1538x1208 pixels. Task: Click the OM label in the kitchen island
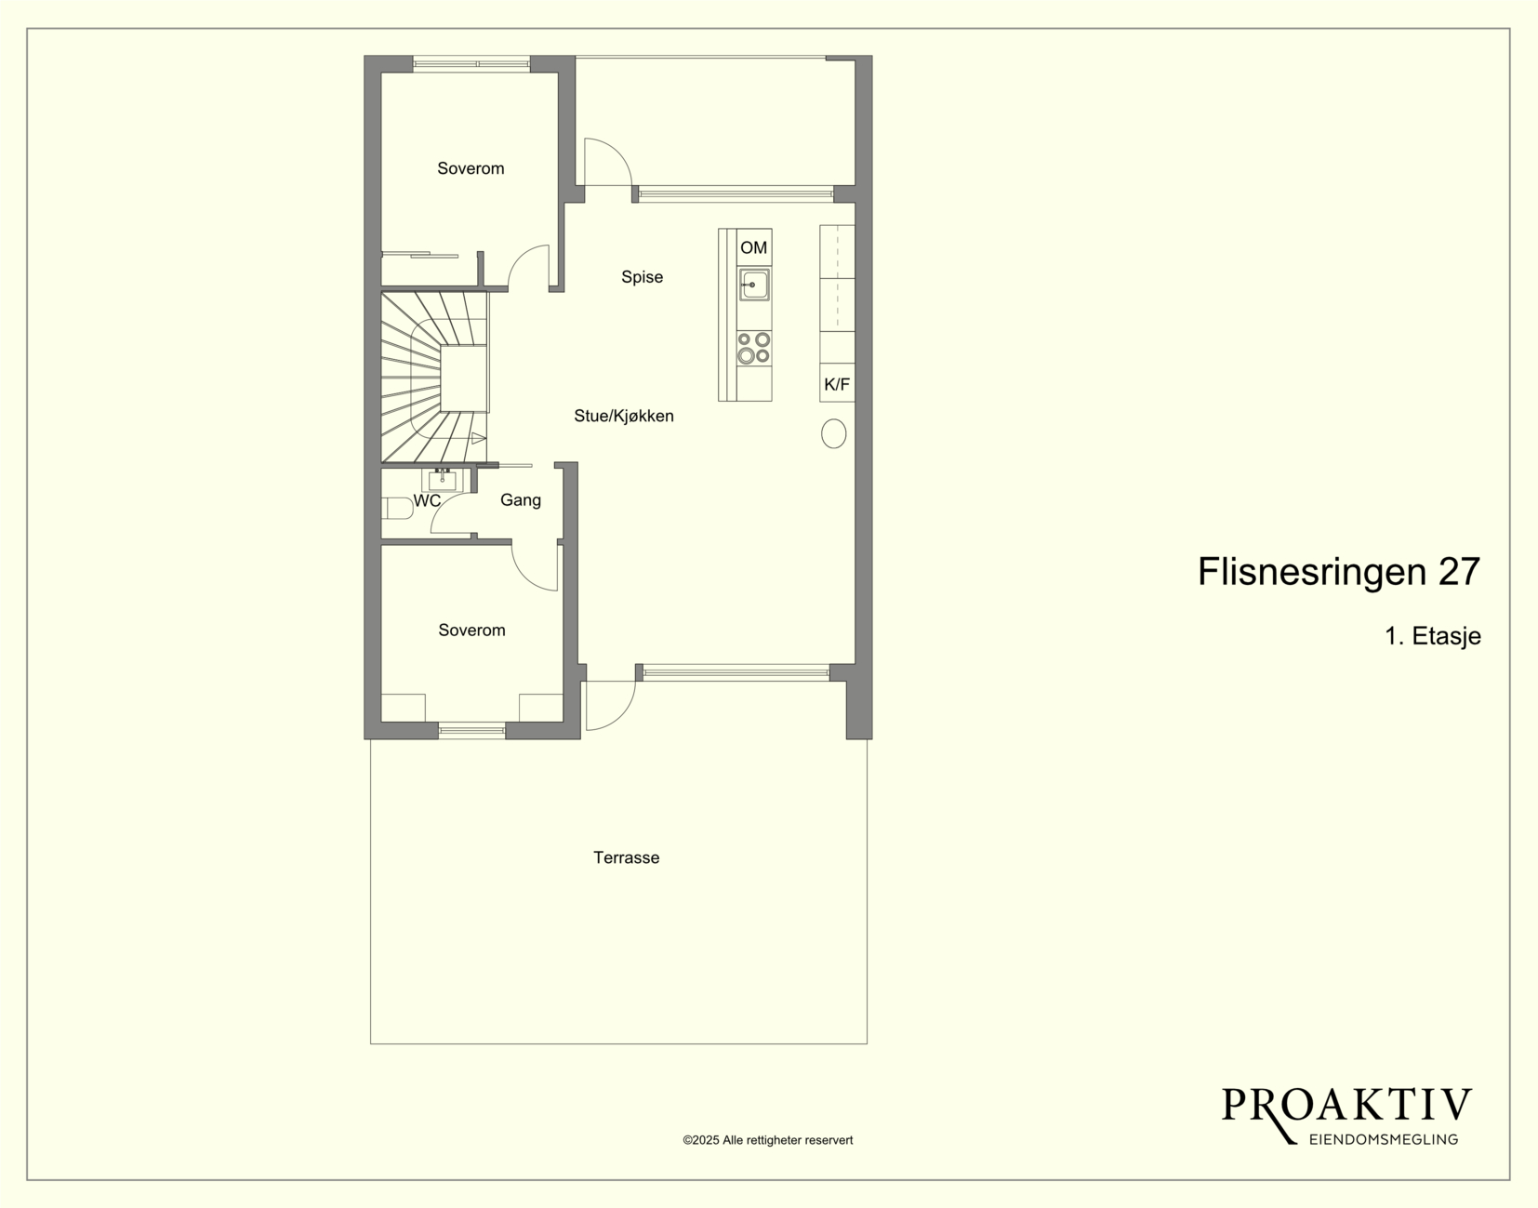[753, 247]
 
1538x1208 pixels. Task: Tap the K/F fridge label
[837, 384]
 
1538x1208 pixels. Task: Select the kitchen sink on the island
[754, 285]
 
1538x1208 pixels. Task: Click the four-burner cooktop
[754, 348]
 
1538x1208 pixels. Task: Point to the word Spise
[642, 277]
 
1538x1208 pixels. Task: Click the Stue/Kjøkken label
[624, 416]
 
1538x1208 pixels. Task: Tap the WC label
[427, 501]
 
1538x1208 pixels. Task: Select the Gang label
[520, 500]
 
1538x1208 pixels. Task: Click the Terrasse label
[627, 857]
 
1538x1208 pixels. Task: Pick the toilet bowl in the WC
[398, 508]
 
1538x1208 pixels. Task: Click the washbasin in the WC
[443, 481]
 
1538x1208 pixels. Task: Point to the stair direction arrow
[479, 438]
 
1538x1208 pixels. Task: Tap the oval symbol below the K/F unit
[834, 433]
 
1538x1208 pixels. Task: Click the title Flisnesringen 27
[1338, 572]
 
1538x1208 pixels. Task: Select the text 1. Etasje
[1433, 635]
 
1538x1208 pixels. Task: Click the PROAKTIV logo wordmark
[1346, 1106]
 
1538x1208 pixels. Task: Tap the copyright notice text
[768, 1140]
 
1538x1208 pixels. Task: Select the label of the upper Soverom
[471, 168]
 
